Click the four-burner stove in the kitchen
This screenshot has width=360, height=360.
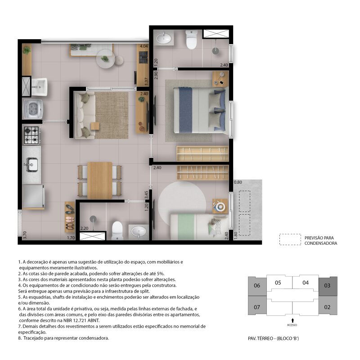coord(31,135)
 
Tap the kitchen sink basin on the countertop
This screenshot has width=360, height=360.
coord(31,164)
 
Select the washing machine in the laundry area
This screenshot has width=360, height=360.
coord(32,109)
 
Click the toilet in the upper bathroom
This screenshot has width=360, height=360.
coord(192,40)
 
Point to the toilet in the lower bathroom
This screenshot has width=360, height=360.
coord(117,230)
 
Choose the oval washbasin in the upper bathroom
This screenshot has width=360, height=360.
coord(164,38)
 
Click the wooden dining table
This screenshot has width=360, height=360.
coord(99,180)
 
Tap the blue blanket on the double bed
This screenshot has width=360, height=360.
coord(185,110)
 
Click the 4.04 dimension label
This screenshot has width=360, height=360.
coord(144,46)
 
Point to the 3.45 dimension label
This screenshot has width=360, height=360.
coord(147,195)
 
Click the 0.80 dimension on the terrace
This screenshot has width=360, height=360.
coord(238,182)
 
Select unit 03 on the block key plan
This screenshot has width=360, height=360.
coord(328,286)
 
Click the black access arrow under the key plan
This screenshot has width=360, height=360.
coord(292,320)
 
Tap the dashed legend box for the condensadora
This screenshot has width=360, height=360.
coord(290,239)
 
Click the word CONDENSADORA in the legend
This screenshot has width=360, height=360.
coord(321,243)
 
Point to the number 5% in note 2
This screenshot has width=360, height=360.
coord(161,274)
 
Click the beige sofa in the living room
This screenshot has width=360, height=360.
coord(85,115)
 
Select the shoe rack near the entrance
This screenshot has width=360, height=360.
coord(70,217)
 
